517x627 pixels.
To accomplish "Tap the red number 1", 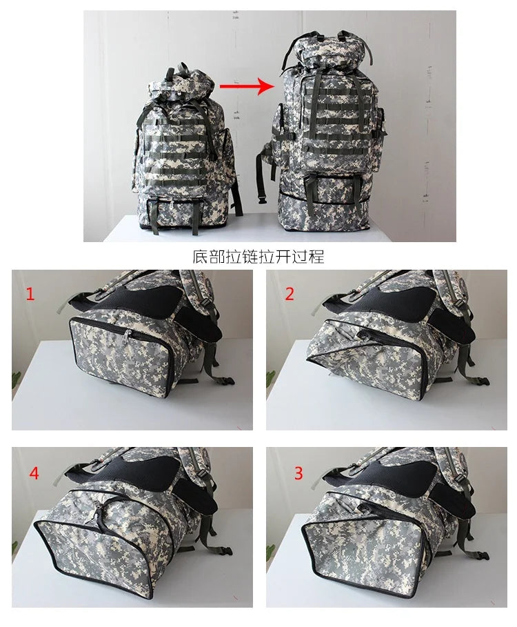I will [x=30, y=295].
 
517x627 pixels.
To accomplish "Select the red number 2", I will [x=290, y=294].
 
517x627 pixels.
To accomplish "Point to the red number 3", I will [x=298, y=473].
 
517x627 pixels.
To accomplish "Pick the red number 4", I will [x=34, y=474].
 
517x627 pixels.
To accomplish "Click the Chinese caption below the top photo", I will [x=258, y=257].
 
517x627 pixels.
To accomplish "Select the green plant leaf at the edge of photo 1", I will [x=16, y=377].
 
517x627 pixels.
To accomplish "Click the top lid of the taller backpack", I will [x=321, y=50].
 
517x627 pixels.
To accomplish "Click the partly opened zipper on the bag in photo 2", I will [x=372, y=334].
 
